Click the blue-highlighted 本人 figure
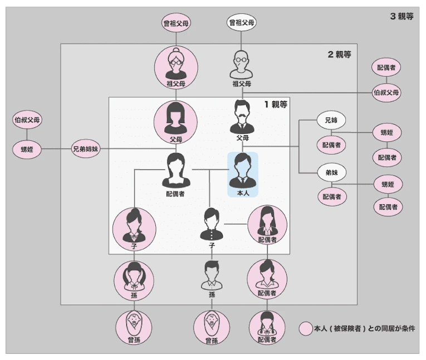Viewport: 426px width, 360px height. click(242, 174)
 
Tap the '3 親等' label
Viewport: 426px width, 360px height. click(401, 16)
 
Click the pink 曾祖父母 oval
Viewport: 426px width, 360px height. click(176, 23)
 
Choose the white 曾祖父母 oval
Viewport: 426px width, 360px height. click(242, 23)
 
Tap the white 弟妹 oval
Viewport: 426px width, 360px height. click(331, 172)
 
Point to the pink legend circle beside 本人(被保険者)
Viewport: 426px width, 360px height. click(305, 328)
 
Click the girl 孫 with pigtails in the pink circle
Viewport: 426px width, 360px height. click(134, 278)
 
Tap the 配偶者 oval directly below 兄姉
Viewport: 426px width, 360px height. click(331, 145)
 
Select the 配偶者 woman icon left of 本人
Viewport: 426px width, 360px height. click(176, 172)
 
